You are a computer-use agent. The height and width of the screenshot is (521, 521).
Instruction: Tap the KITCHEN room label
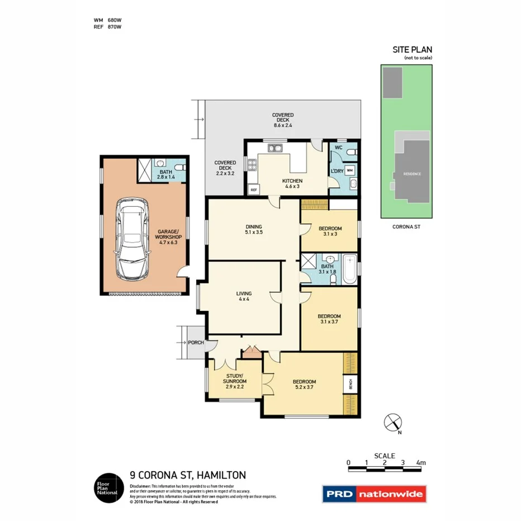[x=292, y=181]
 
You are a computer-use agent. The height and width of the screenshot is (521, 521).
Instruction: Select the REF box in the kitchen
[x=254, y=190]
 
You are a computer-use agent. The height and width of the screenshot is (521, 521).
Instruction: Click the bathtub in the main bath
[x=349, y=269]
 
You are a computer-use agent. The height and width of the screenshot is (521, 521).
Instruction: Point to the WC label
[x=338, y=148]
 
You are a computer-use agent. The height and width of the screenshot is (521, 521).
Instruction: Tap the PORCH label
[x=195, y=343]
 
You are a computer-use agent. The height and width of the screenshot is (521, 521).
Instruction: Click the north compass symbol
[x=393, y=422]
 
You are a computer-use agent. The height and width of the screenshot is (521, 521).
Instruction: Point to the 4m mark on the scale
[x=420, y=463]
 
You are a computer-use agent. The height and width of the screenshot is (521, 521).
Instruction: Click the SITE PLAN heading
[x=412, y=50]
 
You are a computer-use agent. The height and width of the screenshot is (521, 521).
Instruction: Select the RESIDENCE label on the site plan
[x=413, y=174]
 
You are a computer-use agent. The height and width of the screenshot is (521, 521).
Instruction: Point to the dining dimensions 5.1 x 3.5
[x=254, y=232]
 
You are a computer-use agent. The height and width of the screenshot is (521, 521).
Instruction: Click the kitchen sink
[x=274, y=148]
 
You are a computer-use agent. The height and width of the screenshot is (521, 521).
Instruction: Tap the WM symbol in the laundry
[x=349, y=170]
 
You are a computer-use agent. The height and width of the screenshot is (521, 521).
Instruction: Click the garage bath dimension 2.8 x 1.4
[x=165, y=177]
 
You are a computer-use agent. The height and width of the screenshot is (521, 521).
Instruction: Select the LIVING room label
[x=244, y=293]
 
